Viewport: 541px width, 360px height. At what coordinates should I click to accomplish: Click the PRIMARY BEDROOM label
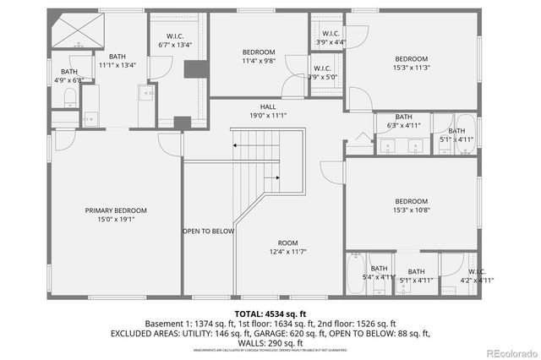click(x=116, y=210)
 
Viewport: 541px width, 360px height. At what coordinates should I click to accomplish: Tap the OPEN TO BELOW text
click(x=208, y=231)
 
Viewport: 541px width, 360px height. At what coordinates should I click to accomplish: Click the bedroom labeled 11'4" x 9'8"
click(x=257, y=56)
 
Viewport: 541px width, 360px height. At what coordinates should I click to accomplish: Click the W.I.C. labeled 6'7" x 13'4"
click(x=175, y=41)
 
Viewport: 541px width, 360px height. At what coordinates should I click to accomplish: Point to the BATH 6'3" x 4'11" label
click(x=403, y=121)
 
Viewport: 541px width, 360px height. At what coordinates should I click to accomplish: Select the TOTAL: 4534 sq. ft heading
click(x=270, y=313)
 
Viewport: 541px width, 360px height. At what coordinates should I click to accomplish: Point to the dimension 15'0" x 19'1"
click(x=116, y=219)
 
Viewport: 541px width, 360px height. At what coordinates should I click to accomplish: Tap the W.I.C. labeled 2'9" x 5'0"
click(x=324, y=73)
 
